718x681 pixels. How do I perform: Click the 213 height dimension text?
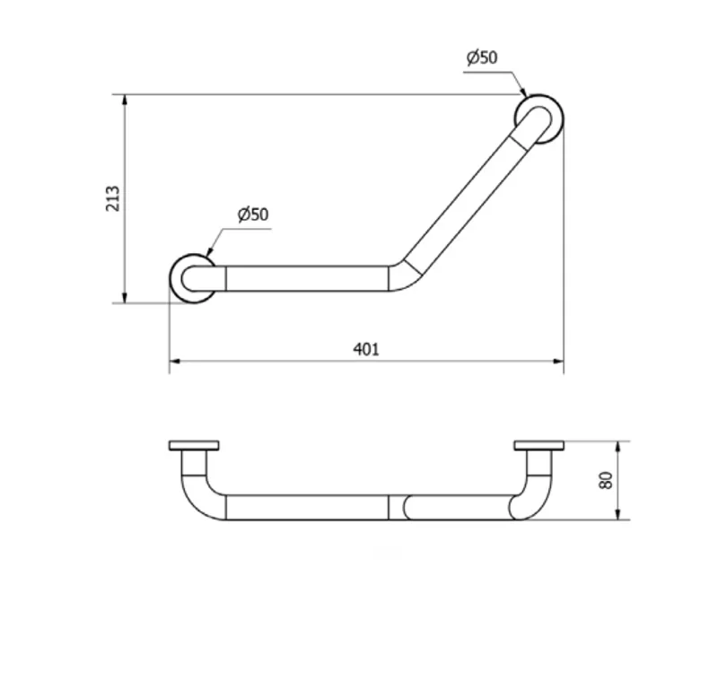click(113, 198)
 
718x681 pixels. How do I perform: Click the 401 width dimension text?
click(366, 350)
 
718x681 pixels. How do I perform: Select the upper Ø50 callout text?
click(482, 57)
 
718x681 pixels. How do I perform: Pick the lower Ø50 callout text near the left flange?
click(253, 214)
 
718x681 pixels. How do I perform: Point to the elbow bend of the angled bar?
click(406, 277)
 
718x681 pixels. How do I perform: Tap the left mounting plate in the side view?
click(194, 445)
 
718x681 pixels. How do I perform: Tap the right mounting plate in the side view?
click(539, 445)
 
